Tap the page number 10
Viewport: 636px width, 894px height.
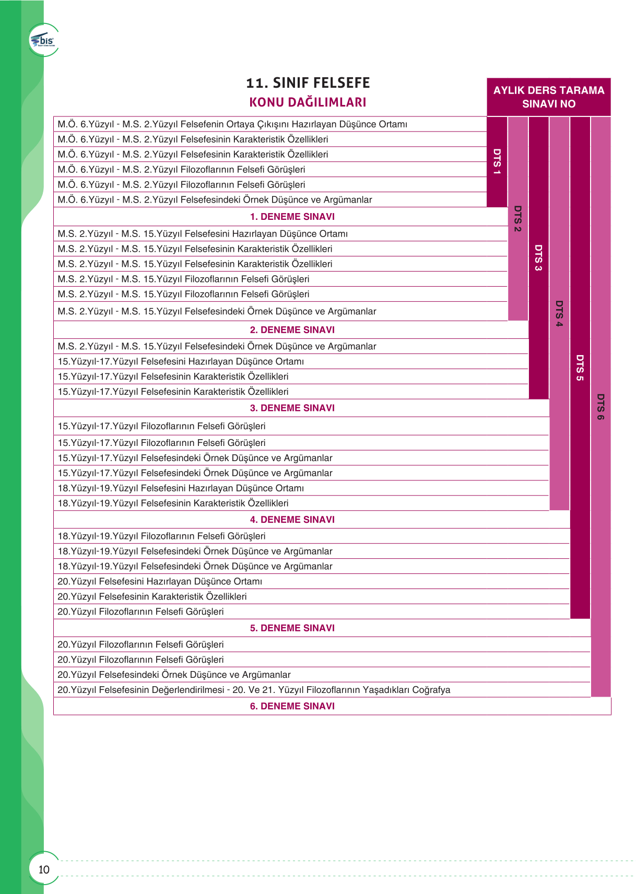[44, 869]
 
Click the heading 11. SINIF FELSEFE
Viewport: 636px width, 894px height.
[308, 83]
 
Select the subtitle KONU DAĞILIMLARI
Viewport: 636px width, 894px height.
[308, 102]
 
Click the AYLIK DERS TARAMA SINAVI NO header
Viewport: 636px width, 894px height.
[548, 97]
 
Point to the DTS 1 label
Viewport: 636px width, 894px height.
[497, 161]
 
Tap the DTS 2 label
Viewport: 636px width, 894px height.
[517, 218]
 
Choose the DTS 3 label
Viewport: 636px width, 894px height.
[538, 257]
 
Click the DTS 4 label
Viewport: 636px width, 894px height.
[559, 313]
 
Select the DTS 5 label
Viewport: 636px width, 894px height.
[580, 368]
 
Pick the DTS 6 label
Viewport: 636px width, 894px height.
[600, 407]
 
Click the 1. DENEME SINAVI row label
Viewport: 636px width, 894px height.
[292, 217]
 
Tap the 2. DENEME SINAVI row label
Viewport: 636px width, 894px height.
[292, 330]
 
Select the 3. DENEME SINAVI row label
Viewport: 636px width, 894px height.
[292, 408]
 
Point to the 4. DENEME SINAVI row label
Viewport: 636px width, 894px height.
[292, 520]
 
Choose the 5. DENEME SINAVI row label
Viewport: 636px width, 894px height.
[292, 628]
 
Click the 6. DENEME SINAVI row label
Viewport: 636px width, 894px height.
[292, 706]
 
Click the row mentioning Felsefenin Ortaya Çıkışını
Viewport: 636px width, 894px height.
[232, 124]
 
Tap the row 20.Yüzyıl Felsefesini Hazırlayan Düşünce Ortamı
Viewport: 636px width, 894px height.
[160, 582]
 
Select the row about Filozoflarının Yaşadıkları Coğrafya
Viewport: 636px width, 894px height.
[254, 690]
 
